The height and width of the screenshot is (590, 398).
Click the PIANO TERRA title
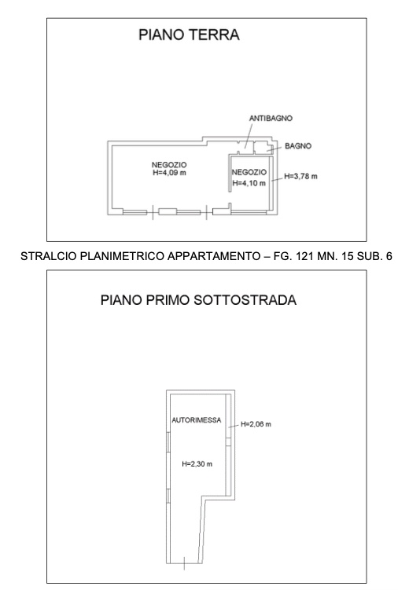click(189, 35)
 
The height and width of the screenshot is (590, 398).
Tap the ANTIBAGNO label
click(271, 118)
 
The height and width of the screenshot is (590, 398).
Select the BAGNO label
click(298, 146)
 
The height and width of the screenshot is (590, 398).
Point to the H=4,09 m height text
click(170, 173)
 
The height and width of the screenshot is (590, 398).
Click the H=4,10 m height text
click(249, 183)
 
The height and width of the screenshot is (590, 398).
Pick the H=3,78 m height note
click(300, 176)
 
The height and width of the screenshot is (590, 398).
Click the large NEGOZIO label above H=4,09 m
click(169, 165)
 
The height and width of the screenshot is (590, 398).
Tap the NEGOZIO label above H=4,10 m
click(249, 172)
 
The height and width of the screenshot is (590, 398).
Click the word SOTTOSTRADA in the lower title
click(245, 300)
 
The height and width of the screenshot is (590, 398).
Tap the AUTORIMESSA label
click(197, 420)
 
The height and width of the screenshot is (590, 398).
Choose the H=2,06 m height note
click(256, 424)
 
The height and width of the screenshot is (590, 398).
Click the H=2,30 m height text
click(197, 464)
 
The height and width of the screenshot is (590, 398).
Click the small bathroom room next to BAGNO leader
click(263, 148)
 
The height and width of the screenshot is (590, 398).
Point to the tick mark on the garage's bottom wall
click(184, 563)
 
